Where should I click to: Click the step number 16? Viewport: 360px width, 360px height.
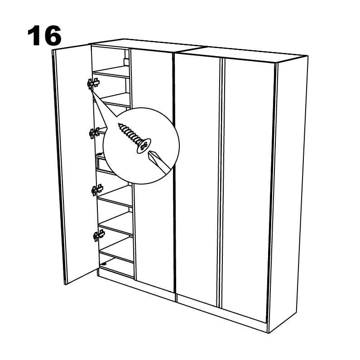click(44, 36)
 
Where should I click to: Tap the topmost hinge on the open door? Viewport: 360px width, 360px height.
click(93, 83)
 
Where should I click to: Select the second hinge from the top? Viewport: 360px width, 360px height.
click(94, 133)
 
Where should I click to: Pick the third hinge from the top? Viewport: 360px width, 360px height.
click(97, 190)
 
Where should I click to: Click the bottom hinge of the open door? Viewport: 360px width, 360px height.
click(99, 235)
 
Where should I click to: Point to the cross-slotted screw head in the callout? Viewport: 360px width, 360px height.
click(144, 145)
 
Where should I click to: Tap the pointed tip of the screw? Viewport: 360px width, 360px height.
click(119, 124)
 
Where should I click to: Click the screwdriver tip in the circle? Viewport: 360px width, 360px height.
click(149, 153)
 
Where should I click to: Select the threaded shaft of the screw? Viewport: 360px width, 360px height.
click(129, 133)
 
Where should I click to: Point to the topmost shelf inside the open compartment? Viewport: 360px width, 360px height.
click(112, 72)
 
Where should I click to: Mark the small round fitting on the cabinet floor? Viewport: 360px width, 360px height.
click(105, 264)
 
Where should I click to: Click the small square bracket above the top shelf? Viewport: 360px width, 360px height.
click(126, 62)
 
